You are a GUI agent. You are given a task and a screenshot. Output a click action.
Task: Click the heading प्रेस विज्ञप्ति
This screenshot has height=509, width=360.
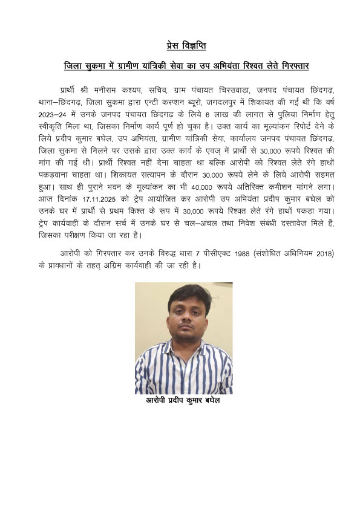(180, 45)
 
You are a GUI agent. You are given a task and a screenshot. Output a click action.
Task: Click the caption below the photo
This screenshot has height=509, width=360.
(180, 401)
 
